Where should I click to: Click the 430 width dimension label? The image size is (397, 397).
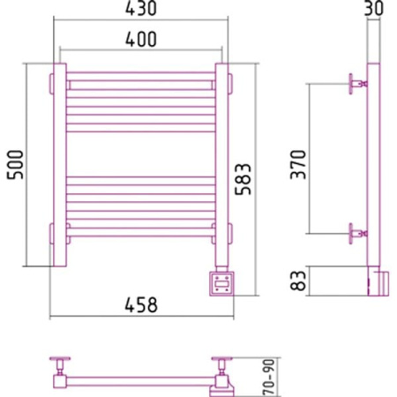[x=141, y=9]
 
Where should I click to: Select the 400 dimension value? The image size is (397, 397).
[x=141, y=39]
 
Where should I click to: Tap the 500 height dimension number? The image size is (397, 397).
[x=15, y=165]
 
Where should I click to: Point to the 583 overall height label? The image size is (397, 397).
[x=243, y=179]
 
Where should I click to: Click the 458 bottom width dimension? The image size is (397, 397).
[x=141, y=304]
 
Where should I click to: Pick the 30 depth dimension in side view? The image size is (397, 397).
[x=374, y=9]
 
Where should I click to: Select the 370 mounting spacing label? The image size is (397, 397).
[x=298, y=164]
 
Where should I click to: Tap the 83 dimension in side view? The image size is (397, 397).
[x=298, y=281]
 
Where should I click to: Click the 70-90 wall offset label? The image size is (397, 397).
[x=269, y=378]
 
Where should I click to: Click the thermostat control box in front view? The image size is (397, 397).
[x=221, y=284]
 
